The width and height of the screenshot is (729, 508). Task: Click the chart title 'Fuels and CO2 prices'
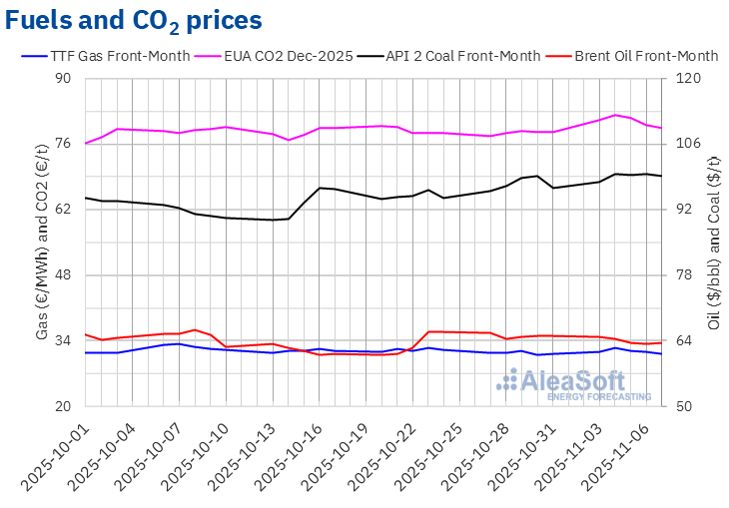[x=135, y=20]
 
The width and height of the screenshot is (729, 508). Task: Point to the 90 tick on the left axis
[x=66, y=78]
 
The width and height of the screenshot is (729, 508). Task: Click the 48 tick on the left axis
[x=66, y=275]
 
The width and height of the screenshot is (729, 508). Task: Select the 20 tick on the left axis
[x=66, y=407]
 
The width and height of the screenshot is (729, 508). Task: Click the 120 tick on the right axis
[x=689, y=78]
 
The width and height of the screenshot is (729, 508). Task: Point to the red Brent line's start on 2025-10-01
[x=86, y=334]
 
